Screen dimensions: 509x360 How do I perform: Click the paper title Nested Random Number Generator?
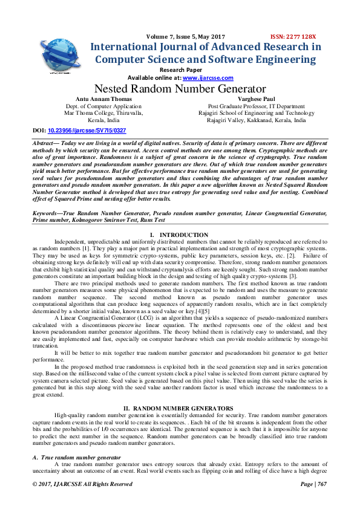pyautogui.click(x=180, y=89)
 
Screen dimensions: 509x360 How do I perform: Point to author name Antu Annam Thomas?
pyautogui.click(x=103, y=98)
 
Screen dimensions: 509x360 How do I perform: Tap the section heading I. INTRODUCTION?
pyautogui.click(x=179, y=235)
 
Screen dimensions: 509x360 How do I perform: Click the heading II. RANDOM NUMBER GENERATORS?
pyautogui.click(x=180, y=409)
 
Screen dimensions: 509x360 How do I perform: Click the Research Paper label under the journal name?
pyautogui.click(x=180, y=70)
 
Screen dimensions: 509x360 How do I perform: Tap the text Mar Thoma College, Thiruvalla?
pyautogui.click(x=103, y=112)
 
